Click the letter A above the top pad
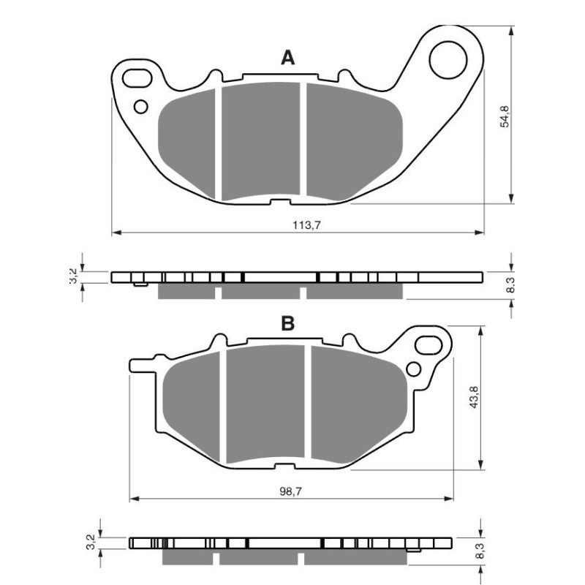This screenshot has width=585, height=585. (x=289, y=58)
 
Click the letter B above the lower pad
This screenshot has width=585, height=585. (x=288, y=324)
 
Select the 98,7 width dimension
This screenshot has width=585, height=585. (x=291, y=492)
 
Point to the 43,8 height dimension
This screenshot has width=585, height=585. (x=472, y=399)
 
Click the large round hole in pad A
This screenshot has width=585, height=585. (x=448, y=60)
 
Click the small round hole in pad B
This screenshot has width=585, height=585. (x=413, y=368)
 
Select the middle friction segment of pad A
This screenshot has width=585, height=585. (x=260, y=141)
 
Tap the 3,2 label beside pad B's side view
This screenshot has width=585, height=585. (x=90, y=543)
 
